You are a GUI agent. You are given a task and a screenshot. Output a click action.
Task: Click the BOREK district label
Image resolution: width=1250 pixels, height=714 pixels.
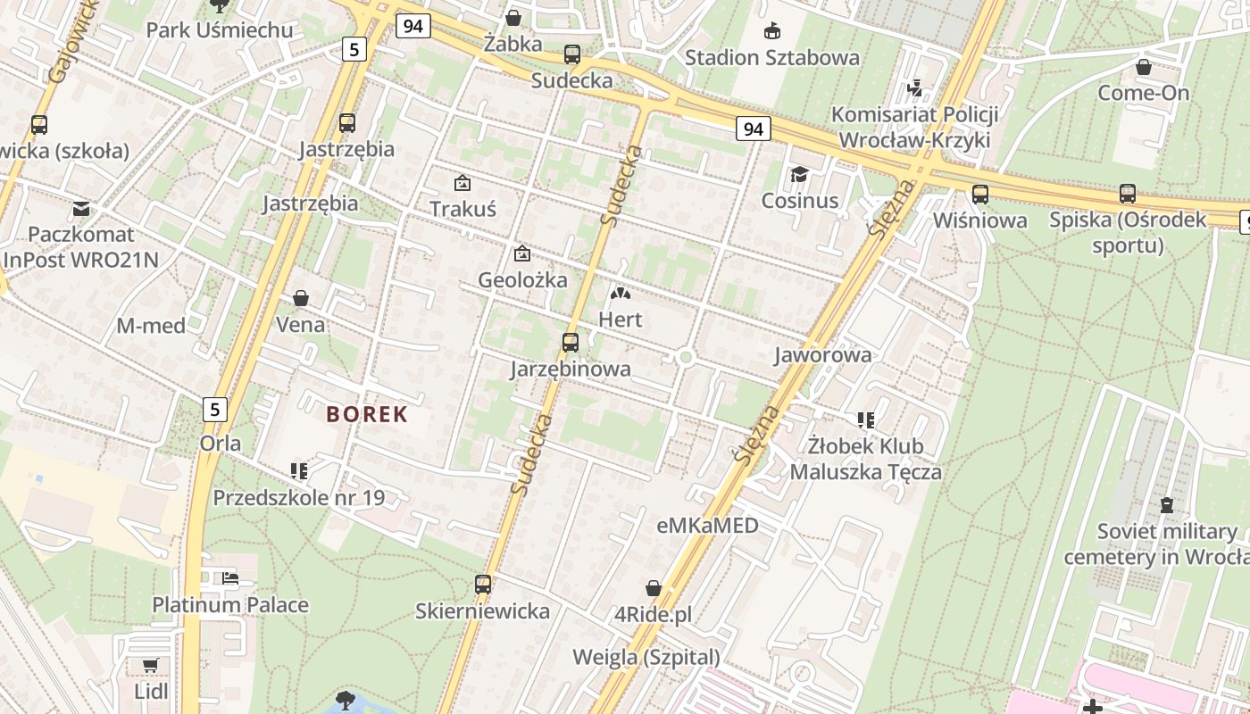pyautogui.click(x=367, y=414)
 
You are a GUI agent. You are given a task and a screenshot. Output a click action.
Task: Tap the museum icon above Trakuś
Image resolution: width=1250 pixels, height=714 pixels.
pyautogui.click(x=462, y=183)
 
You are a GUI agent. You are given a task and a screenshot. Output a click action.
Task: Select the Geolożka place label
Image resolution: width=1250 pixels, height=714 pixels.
pyautogui.click(x=522, y=279)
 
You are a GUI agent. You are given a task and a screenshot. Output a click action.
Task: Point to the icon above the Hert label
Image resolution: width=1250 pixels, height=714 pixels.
pyautogui.click(x=620, y=293)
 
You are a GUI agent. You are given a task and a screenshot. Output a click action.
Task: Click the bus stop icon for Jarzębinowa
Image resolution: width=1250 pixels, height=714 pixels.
pyautogui.click(x=570, y=342)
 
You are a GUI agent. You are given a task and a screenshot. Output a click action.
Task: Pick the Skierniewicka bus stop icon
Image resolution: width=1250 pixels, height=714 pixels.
pyautogui.click(x=483, y=585)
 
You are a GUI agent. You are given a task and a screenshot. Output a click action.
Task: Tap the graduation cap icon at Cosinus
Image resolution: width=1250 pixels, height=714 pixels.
pyautogui.click(x=799, y=174)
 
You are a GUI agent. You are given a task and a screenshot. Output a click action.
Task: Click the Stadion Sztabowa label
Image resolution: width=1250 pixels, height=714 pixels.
pyautogui.click(x=772, y=58)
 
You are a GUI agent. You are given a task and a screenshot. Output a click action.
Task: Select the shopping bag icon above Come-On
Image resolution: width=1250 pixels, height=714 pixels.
pyautogui.click(x=1143, y=67)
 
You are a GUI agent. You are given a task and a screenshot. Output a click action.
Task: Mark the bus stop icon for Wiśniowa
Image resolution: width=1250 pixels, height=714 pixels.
pyautogui.click(x=979, y=194)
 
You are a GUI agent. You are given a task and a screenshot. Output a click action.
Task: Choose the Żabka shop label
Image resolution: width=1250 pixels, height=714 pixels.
pyautogui.click(x=513, y=43)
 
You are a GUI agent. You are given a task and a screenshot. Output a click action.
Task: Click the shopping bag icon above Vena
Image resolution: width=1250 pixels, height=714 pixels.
pyautogui.click(x=301, y=297)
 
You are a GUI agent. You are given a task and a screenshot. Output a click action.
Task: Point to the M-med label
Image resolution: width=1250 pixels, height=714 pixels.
pyautogui.click(x=151, y=326)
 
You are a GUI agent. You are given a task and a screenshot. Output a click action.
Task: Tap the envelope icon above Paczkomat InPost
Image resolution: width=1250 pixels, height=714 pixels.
pyautogui.click(x=81, y=209)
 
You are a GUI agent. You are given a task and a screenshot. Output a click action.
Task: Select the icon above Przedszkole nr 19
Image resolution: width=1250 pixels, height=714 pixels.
pyautogui.click(x=298, y=470)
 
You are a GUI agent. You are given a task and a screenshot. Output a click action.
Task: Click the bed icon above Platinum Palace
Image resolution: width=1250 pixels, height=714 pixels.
pyautogui.click(x=230, y=577)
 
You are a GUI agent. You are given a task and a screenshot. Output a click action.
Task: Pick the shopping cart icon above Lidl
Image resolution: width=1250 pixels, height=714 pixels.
pyautogui.click(x=150, y=665)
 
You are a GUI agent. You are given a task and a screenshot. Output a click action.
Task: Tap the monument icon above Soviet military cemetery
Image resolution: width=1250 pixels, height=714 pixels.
pyautogui.click(x=1165, y=505)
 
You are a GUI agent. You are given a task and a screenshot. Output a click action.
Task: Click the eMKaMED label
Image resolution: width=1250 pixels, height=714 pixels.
pyautogui.click(x=707, y=526)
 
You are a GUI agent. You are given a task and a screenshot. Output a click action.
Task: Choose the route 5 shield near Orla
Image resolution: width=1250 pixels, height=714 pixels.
pyautogui.click(x=214, y=410)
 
